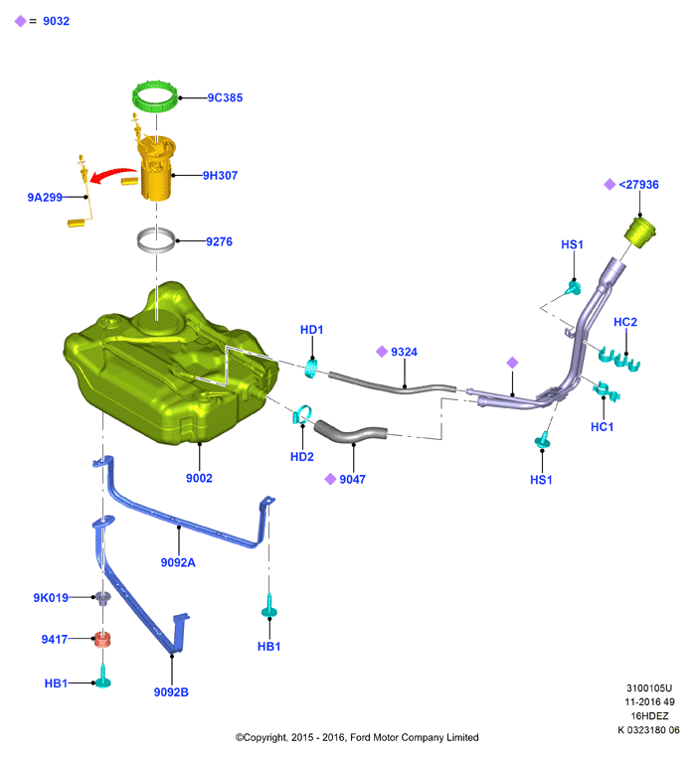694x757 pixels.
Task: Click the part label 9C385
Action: pos(225,97)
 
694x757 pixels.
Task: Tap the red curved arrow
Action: pos(112,175)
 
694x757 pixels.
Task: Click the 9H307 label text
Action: pos(220,175)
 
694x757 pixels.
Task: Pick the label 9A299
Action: pos(45,197)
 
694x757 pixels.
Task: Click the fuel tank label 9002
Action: pos(199,478)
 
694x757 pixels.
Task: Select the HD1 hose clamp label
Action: pos(312,330)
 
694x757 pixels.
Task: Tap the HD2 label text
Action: pos(302,457)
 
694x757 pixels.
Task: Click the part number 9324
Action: pos(404,352)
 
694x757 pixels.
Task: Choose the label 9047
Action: pos(352,480)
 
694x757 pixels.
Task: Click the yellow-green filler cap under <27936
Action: pos(640,232)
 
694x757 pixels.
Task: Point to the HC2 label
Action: pos(625,322)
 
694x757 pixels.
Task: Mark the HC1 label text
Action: pos(603,427)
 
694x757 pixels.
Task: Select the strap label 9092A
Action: pos(178,562)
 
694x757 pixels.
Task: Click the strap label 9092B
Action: pos(171,691)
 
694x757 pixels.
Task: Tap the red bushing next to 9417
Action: pos(102,639)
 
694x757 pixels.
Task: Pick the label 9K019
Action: pos(51,598)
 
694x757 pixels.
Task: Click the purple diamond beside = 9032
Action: pos(20,21)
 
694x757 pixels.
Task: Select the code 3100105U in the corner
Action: pos(649,688)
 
